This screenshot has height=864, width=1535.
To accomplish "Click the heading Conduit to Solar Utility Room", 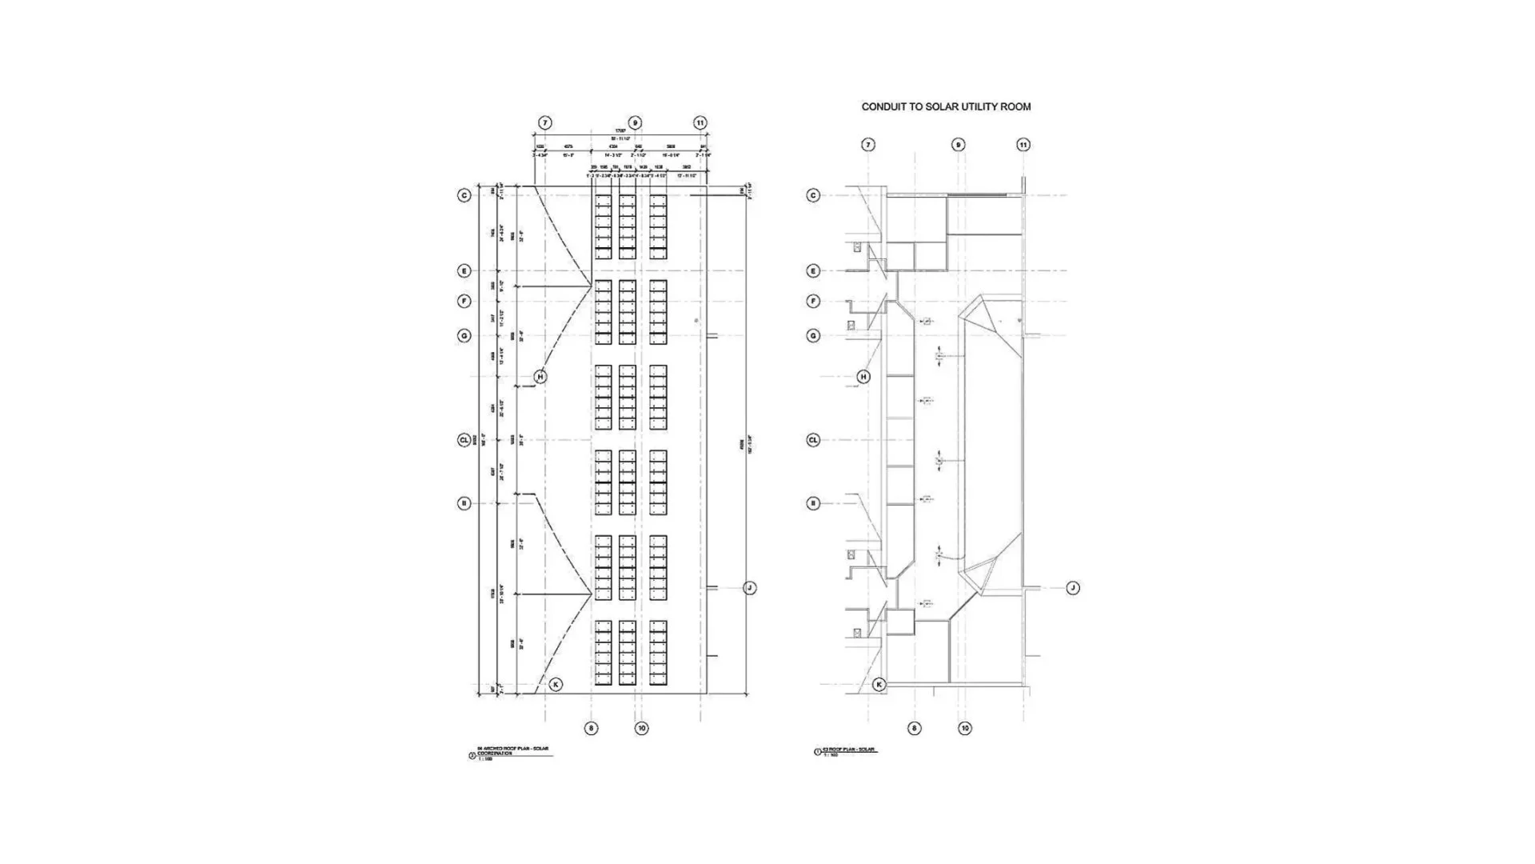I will pos(946,106).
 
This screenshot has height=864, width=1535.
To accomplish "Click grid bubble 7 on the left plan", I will pos(544,123).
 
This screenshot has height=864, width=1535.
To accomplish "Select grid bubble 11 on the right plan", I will pos(1023,145).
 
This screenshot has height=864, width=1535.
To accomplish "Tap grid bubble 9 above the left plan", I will pos(635,123).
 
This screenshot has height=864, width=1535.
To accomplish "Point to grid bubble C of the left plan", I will pos(464,195).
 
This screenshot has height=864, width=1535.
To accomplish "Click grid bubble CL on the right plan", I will pos(813,440).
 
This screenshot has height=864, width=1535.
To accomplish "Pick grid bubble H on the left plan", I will pos(540,377).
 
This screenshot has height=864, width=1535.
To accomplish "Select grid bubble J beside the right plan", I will pos(1073,588).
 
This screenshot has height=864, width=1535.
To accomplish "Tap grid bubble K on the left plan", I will pos(556,685).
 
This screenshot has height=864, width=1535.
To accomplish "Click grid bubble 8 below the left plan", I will pos(591,729).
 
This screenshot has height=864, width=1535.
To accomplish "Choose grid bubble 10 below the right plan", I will pos(965,729).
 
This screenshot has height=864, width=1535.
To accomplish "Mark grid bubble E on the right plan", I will pos(813,271).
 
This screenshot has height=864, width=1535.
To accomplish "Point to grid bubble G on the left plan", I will pos(464,336).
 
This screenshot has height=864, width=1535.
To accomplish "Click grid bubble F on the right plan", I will pos(813,302).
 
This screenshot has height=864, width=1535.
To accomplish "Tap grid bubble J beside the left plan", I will pos(749,588).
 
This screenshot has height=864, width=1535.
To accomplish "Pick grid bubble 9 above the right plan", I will pos(958,145).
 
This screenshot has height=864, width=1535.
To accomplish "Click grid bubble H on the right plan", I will pos(863,377).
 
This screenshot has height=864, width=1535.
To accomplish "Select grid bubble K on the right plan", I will pos(879,685).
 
